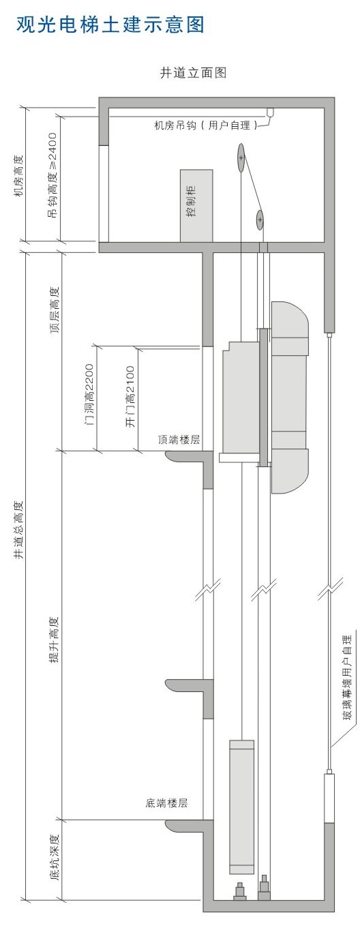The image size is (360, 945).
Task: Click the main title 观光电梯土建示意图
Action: click(110, 25)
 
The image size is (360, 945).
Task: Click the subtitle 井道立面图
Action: click(193, 72)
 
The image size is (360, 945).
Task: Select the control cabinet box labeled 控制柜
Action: click(196, 206)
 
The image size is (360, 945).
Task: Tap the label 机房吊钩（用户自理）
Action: click(205, 125)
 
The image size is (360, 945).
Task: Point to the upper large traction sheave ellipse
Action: click(241, 158)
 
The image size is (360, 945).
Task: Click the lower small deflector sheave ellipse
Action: click(260, 220)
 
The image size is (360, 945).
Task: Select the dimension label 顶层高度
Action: click(55, 310)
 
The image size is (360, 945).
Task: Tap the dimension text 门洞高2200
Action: click(89, 395)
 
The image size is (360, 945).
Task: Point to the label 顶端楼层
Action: click(179, 440)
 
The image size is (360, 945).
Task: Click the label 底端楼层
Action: click(166, 803)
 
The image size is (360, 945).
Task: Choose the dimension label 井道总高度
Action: click(18, 530)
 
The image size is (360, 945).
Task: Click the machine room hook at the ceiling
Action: click(270, 112)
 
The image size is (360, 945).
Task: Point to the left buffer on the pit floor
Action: click(240, 891)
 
